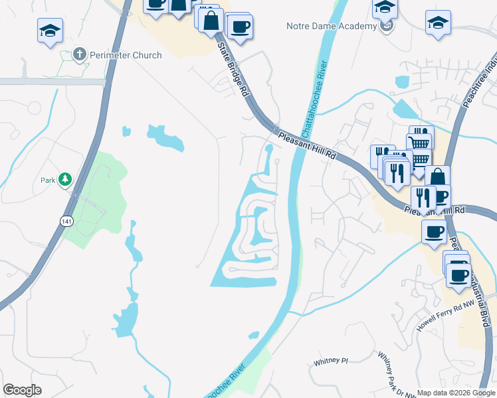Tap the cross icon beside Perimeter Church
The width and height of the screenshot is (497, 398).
point(79,54)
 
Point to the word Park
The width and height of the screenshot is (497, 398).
point(47,180)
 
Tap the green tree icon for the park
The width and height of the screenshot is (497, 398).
point(65,179)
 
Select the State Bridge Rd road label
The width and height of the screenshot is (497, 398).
point(233,70)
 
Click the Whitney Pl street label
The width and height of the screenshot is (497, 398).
point(331,362)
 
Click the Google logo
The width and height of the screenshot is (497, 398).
point(22,390)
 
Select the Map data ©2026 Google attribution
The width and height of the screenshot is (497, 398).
point(456,393)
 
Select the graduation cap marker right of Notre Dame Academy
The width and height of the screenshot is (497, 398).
point(438,23)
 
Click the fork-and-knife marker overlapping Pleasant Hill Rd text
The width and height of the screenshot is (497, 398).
point(423,196)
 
